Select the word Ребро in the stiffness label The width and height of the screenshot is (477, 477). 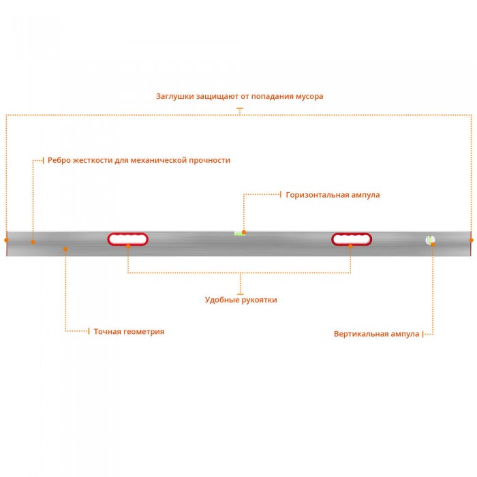[x=59, y=160]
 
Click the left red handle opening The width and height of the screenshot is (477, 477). [x=128, y=239]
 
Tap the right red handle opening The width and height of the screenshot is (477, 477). [x=352, y=239]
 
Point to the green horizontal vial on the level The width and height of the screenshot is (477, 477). [x=239, y=234]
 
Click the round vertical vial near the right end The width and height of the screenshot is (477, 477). [x=430, y=240]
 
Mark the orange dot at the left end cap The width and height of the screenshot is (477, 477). [x=6, y=240]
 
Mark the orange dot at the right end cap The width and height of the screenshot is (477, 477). [x=472, y=240]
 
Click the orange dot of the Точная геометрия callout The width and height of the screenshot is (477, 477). [x=65, y=249]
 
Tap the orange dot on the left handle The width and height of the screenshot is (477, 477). [x=128, y=246]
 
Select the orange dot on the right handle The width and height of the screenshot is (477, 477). [x=350, y=246]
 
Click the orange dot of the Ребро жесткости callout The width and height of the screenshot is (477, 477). [x=33, y=242]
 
